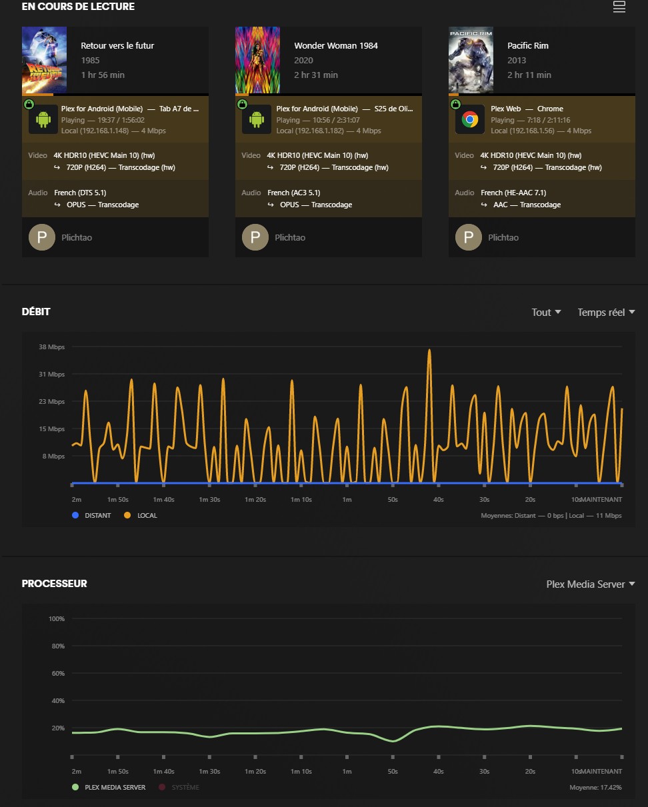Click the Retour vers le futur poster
pos(44,60)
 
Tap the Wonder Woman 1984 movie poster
pos(257,60)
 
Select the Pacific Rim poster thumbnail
pos(471,60)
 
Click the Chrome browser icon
pos(469,120)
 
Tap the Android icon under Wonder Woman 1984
pos(256,120)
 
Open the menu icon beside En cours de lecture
pos(619,7)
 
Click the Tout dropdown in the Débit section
pos(546,313)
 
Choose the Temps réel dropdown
pos(605,313)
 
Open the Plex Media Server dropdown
pos(590,584)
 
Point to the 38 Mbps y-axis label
pos(51,347)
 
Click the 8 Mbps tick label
pos(55,456)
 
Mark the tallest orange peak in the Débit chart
pos(429,351)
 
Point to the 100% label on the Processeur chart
pos(56,619)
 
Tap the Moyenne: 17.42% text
pos(595,787)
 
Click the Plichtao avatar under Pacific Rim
pos(469,237)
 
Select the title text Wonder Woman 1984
pos(336,46)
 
